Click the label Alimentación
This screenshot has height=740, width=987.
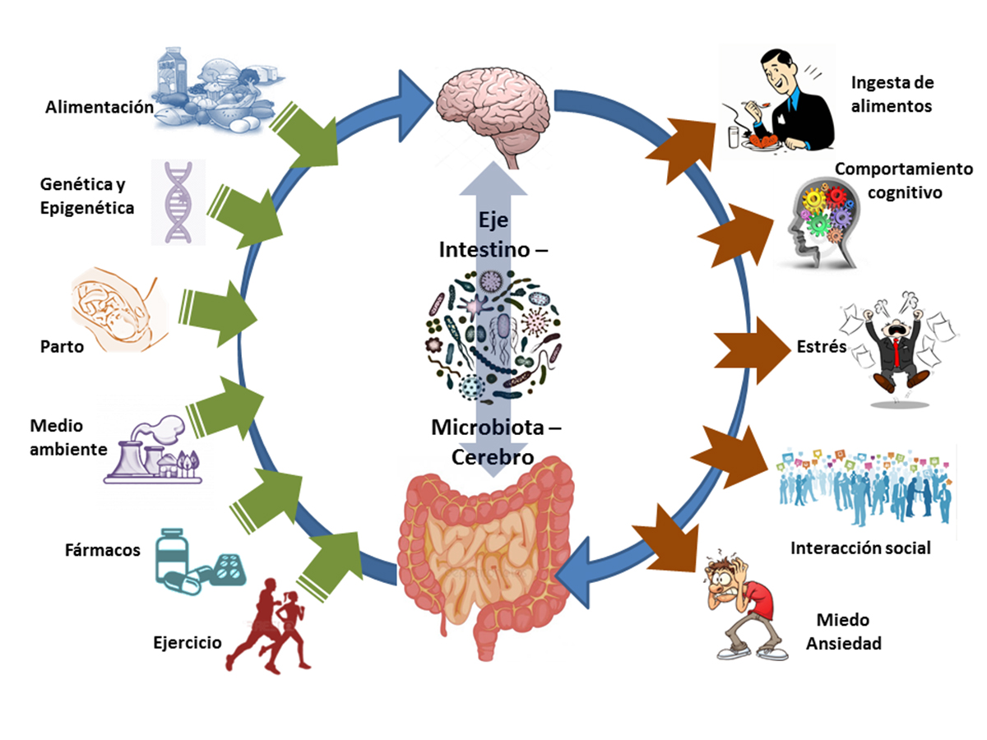pyautogui.click(x=100, y=107)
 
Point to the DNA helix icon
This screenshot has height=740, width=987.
pyautogui.click(x=178, y=201)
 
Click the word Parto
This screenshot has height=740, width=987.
pyautogui.click(x=63, y=346)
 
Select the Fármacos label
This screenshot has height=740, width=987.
pyautogui.click(x=103, y=549)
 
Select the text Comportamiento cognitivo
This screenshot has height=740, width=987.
pyautogui.click(x=903, y=180)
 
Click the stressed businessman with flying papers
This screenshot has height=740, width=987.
pyautogui.click(x=892, y=345)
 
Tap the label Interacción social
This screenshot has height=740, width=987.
pyautogui.click(x=860, y=548)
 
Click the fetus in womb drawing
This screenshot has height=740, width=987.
pyautogui.click(x=115, y=308)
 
